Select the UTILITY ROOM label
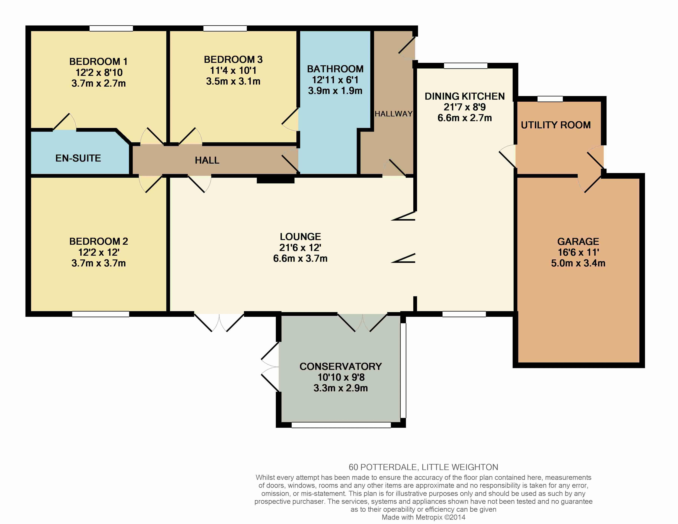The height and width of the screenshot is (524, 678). click(556, 125)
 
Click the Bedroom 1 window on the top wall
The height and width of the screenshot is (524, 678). click(111, 28)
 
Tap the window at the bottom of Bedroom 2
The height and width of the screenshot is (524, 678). click(100, 314)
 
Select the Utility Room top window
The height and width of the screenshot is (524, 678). click(550, 99)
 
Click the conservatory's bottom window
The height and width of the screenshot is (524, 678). click(341, 425)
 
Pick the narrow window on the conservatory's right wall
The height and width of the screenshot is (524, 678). click(403, 371)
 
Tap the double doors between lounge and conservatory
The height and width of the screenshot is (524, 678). click(362, 323)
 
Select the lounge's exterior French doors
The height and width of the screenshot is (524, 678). click(219, 322)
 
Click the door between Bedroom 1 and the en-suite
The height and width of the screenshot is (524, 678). click(64, 122)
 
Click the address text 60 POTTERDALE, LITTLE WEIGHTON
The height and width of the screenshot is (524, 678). click(423, 467)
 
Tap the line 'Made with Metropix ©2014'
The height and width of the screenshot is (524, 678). click(423, 517)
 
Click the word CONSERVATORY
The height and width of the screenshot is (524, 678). click(341, 366)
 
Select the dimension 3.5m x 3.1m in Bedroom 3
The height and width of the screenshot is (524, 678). click(233, 81)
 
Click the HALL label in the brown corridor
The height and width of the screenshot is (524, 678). click(207, 160)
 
